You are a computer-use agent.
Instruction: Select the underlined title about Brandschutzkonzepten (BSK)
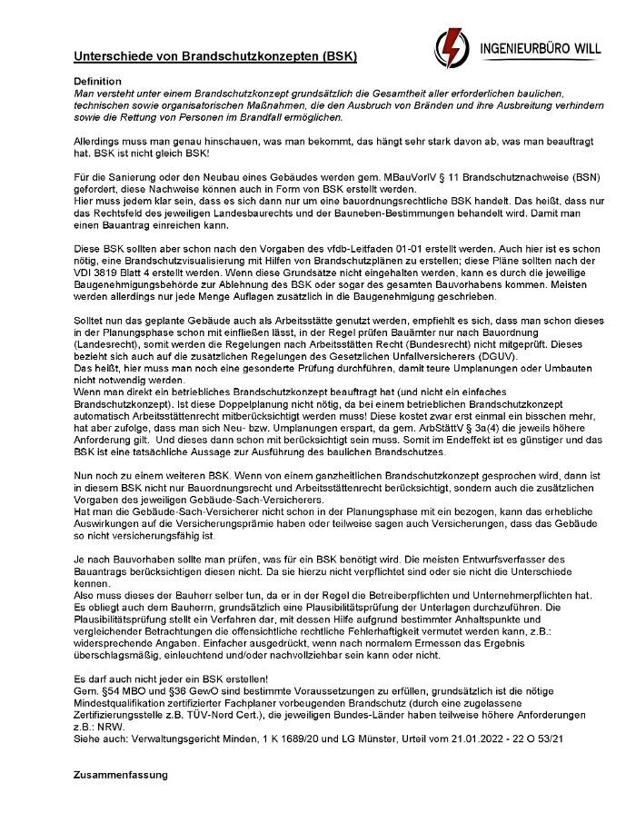click(x=215, y=56)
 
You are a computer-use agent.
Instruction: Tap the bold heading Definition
click(x=97, y=82)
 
